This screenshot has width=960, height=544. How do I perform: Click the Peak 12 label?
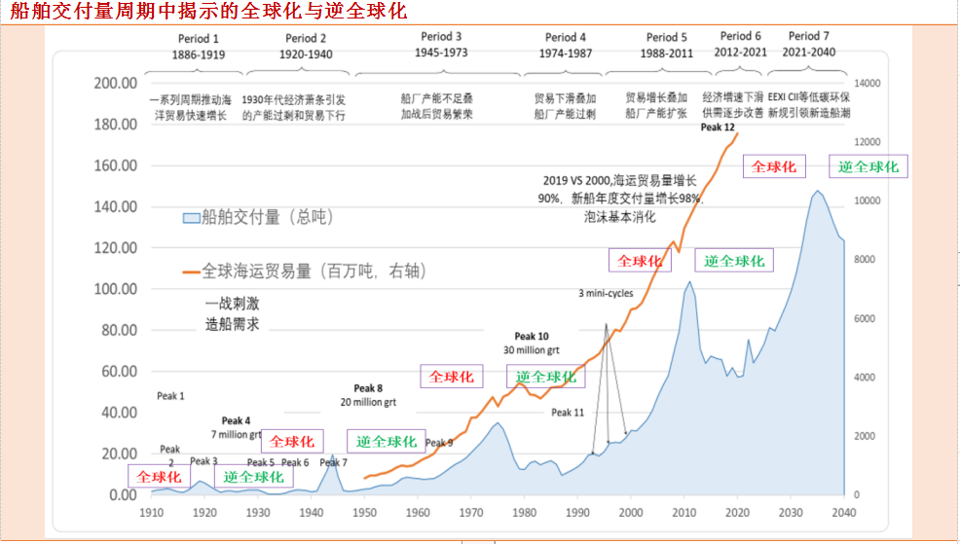(717, 127)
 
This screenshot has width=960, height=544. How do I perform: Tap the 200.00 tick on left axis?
(114, 84)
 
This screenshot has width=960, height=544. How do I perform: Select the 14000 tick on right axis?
(867, 84)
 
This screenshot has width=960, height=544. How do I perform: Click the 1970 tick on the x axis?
(471, 512)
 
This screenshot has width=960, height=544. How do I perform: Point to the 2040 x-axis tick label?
(845, 512)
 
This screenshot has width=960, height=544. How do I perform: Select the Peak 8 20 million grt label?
(368, 395)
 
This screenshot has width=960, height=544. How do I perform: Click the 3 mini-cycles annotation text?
(606, 293)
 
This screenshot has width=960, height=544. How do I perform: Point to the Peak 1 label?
(170, 396)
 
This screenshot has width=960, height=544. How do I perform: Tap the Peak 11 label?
(568, 413)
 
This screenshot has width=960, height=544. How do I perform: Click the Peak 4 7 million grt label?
(236, 428)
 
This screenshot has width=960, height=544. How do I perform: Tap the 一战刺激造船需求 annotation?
(232, 314)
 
